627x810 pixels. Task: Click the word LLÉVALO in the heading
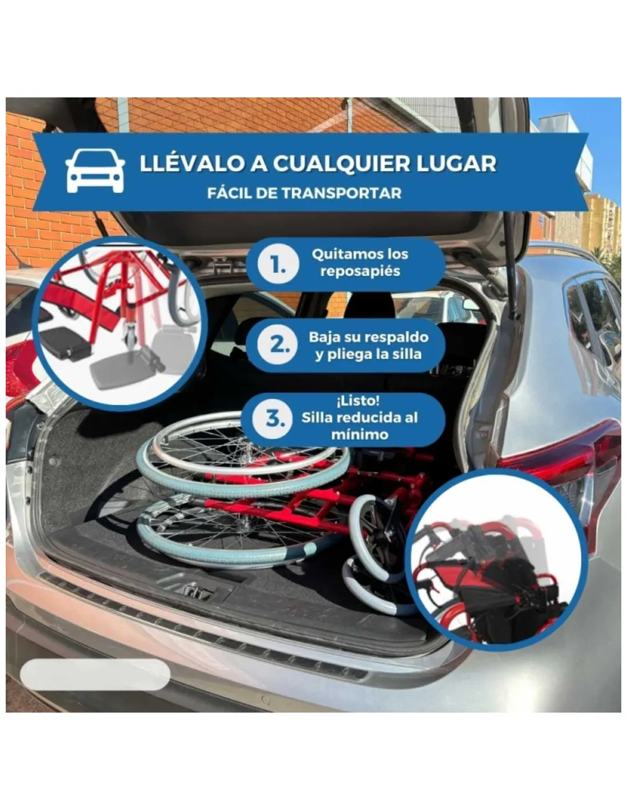[192, 163]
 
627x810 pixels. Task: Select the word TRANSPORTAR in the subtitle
[341, 193]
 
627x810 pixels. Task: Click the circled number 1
[278, 265]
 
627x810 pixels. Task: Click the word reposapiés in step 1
[360, 271]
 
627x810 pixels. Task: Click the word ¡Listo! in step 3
[358, 401]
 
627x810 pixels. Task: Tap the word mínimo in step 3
[360, 434]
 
